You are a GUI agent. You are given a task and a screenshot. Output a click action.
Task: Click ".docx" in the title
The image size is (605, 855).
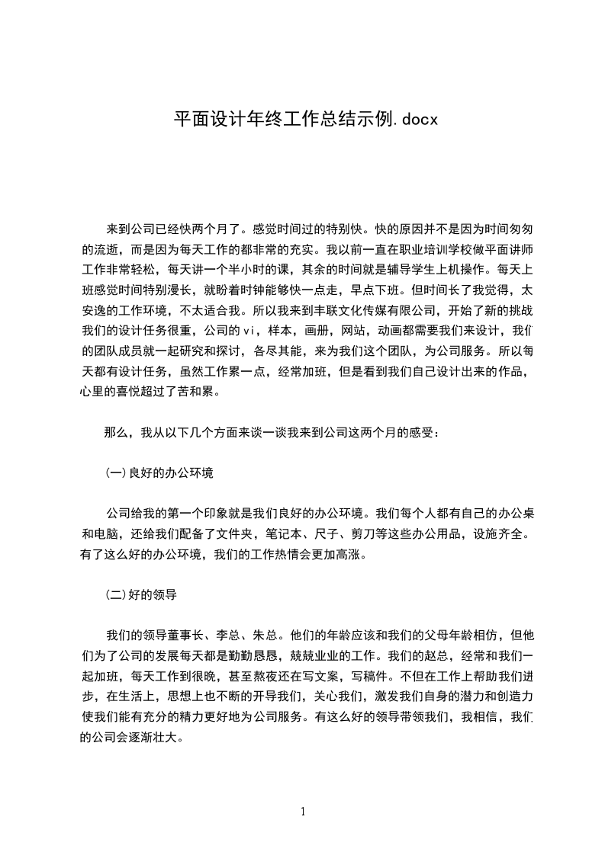click(413, 120)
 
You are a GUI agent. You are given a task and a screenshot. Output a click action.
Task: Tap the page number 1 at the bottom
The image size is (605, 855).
click(303, 812)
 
